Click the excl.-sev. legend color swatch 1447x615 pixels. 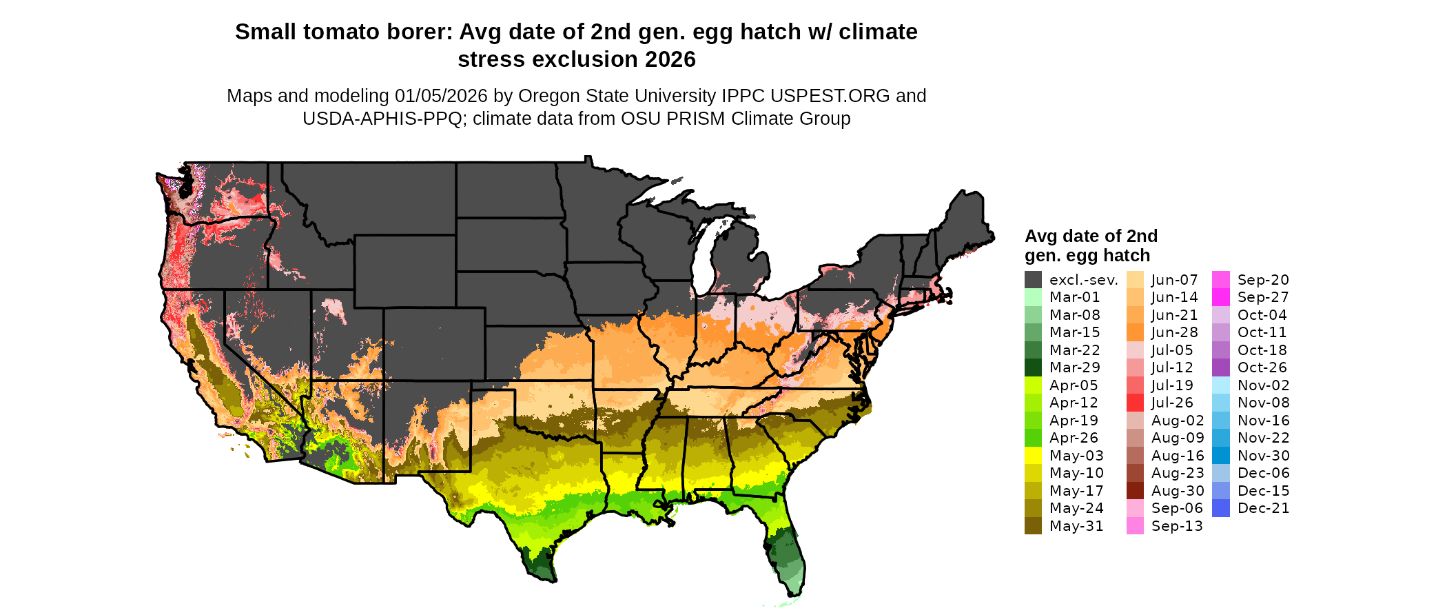click(1033, 280)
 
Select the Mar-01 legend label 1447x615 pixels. click(1074, 297)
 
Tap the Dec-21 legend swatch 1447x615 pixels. click(1220, 508)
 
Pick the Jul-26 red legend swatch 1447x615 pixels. click(1135, 403)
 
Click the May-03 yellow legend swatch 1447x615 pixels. click(1033, 456)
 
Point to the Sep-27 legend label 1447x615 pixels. click(1262, 297)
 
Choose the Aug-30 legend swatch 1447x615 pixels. click(1135, 491)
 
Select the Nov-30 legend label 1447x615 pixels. click(1263, 456)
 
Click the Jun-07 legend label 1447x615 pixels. click(1174, 280)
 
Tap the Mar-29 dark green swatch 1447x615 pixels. click(1033, 367)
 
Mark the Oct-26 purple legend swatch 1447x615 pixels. click(1220, 367)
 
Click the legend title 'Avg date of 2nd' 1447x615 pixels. click(1091, 236)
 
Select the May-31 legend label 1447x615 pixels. click(1076, 526)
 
